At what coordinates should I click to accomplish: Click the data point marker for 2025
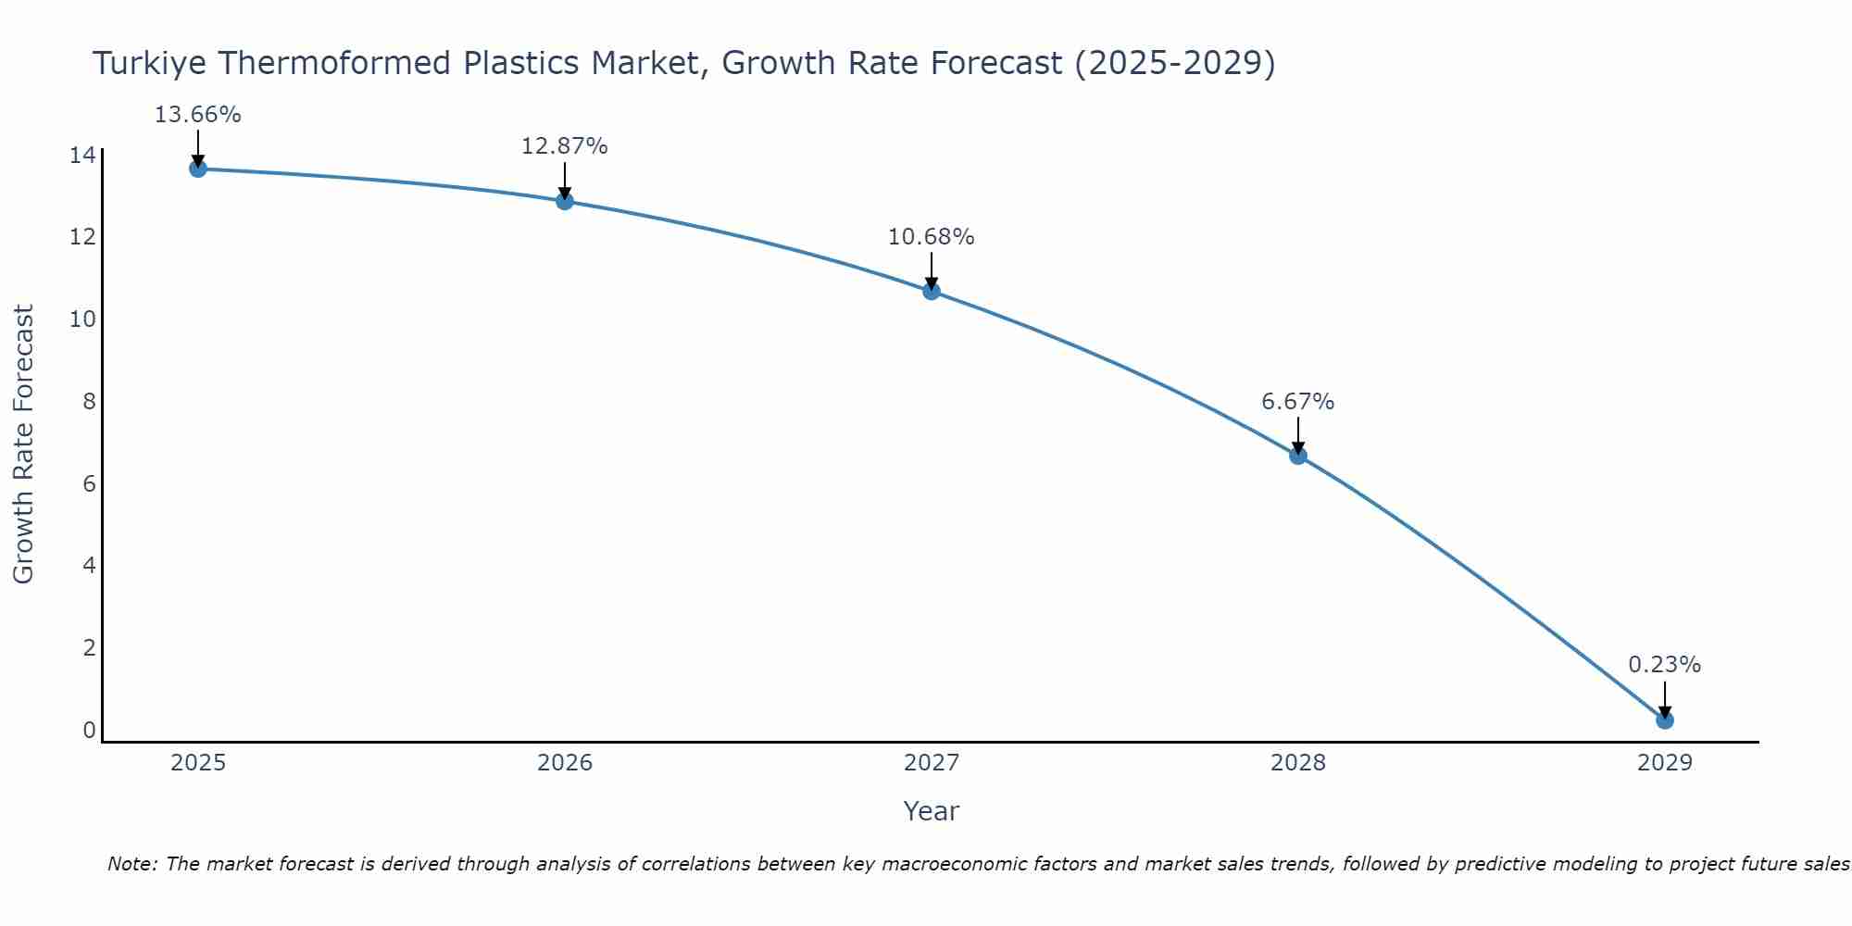tap(198, 169)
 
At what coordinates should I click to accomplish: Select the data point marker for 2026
tap(565, 201)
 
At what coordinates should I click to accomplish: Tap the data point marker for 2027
tap(932, 291)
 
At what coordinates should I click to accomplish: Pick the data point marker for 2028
tap(1298, 456)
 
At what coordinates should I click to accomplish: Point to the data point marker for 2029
tap(1665, 720)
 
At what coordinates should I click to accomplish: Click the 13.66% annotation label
tap(197, 115)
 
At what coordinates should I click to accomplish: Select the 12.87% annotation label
tap(564, 146)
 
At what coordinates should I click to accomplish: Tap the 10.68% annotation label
tap(931, 237)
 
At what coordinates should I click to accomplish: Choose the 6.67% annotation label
tap(1297, 402)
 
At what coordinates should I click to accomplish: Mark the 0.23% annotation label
tap(1664, 665)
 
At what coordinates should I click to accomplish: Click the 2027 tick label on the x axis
tap(932, 763)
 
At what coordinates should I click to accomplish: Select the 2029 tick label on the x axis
tap(1665, 763)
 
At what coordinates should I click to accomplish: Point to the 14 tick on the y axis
tap(82, 156)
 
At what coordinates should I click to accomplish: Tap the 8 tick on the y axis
tap(89, 402)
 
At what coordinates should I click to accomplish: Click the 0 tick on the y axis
tap(89, 731)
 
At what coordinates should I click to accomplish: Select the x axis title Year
tap(931, 811)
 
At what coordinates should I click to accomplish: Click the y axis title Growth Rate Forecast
tap(24, 444)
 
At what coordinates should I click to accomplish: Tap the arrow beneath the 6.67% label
tap(1298, 435)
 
